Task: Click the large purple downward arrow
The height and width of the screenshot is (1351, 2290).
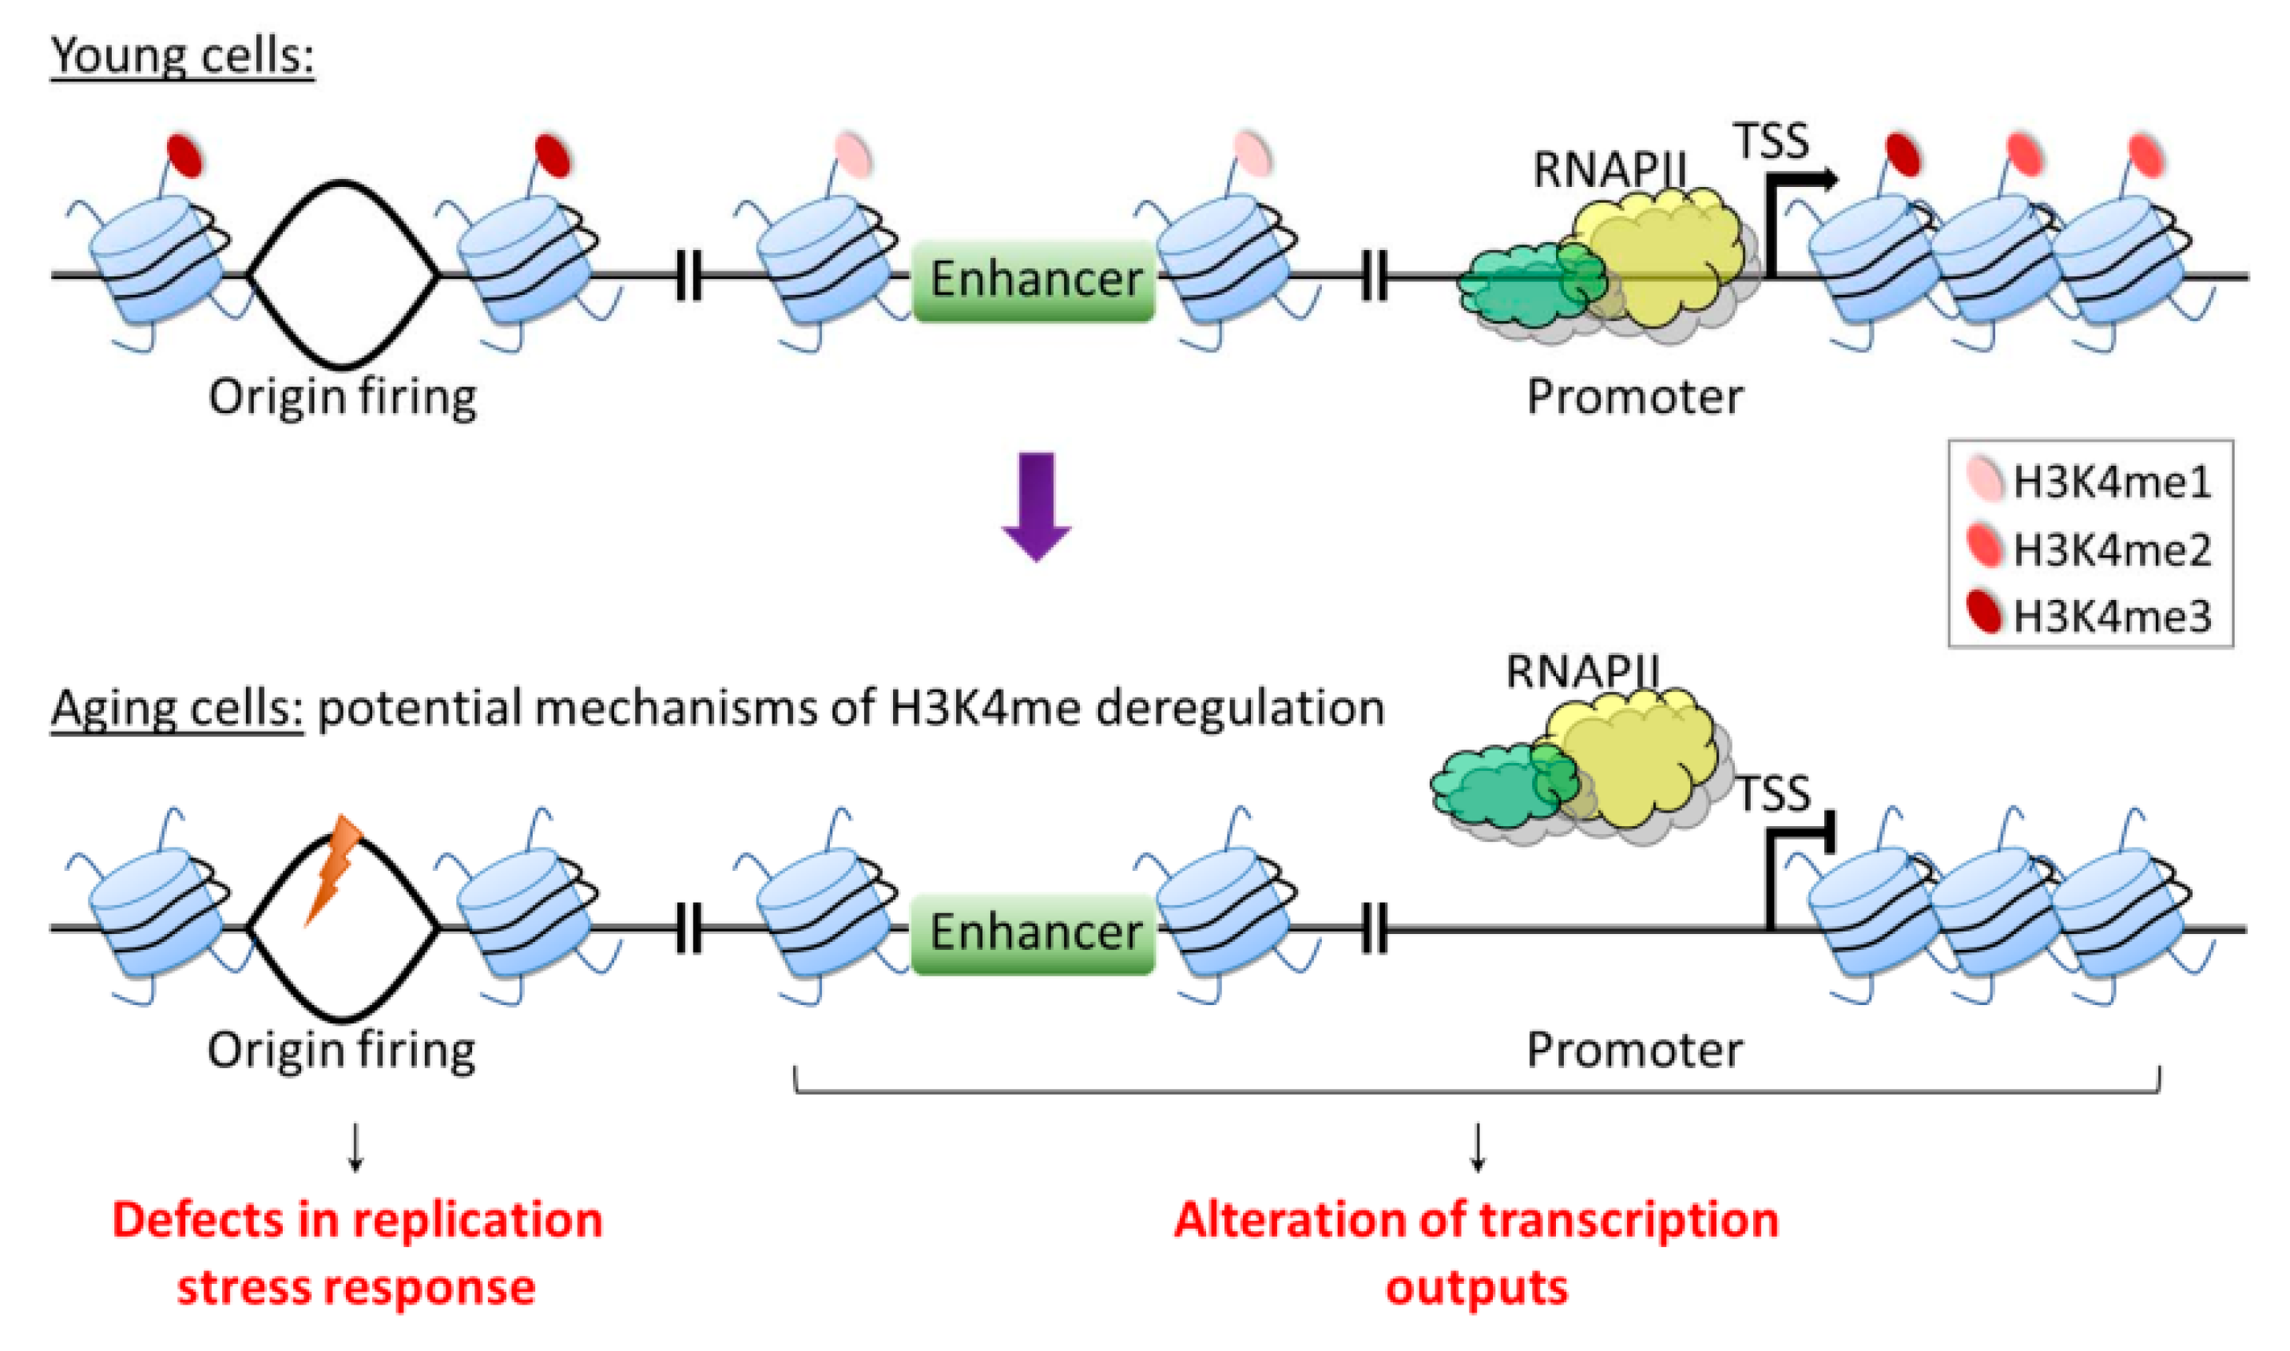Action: point(1036,503)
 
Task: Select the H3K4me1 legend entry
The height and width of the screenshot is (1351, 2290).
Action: point(2090,482)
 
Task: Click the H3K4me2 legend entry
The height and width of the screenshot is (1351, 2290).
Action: point(2090,548)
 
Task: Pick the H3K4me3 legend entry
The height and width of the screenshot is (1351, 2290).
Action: point(2090,615)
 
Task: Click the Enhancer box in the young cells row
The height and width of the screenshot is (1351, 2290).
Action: point(1034,280)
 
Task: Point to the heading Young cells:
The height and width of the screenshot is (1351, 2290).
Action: point(182,57)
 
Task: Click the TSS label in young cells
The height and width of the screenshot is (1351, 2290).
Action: point(1771,142)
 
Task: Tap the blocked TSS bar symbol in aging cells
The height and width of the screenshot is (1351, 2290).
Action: point(1828,833)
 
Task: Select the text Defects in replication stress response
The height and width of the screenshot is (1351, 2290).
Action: point(357,1253)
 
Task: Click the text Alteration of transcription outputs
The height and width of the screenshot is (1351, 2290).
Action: point(1476,1253)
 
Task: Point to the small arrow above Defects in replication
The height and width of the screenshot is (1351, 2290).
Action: point(356,1148)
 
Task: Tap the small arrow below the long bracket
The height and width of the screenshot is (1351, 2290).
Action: point(1477,1148)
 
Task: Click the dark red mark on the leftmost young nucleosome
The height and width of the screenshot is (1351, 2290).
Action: point(185,155)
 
